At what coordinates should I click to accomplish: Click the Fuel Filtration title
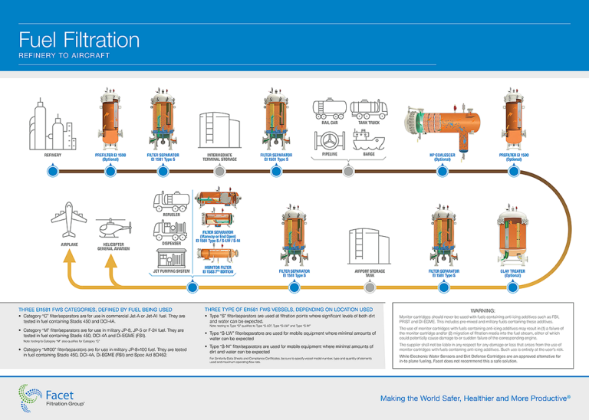tap(68, 40)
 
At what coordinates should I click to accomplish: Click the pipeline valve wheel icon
tap(331, 141)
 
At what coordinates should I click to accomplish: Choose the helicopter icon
tap(113, 228)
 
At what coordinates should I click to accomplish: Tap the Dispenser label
tap(172, 244)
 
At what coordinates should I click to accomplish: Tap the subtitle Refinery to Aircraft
tap(64, 56)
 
